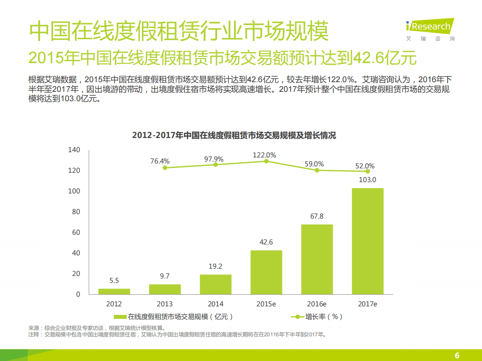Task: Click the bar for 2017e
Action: pyautogui.click(x=367, y=241)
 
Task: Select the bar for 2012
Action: pyautogui.click(x=114, y=291)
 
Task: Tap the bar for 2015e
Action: pyautogui.click(x=266, y=272)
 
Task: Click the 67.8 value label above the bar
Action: pyautogui.click(x=317, y=216)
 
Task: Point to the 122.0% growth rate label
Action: pyautogui.click(x=264, y=155)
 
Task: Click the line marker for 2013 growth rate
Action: pyautogui.click(x=165, y=168)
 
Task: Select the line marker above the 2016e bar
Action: pyautogui.click(x=317, y=170)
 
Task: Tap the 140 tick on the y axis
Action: pyautogui.click(x=75, y=150)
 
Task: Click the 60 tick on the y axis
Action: pyautogui.click(x=76, y=232)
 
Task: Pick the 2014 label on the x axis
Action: pyautogui.click(x=215, y=304)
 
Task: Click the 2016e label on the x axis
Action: pyautogui.click(x=317, y=304)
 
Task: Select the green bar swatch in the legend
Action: pyautogui.click(x=120, y=316)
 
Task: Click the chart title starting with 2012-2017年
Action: pyautogui.click(x=234, y=136)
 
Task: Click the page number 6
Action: pyautogui.click(x=457, y=355)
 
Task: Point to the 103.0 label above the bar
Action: pyautogui.click(x=367, y=180)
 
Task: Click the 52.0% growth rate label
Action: pyautogui.click(x=365, y=166)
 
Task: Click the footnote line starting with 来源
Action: pyautogui.click(x=97, y=328)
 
